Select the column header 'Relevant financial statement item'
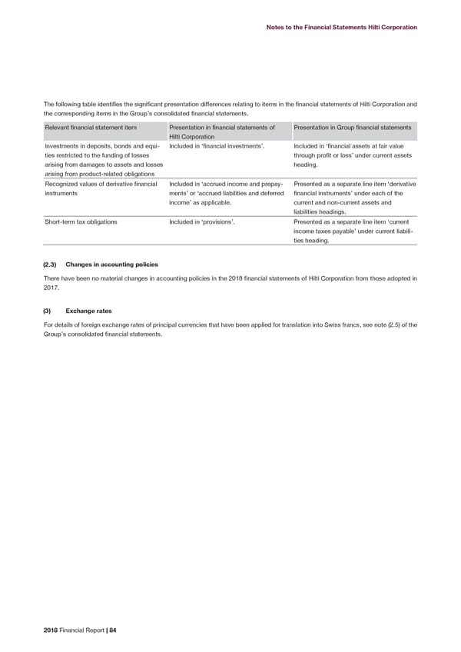tap(91, 127)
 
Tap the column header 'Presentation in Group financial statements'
tap(349, 127)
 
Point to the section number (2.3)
tap(51, 264)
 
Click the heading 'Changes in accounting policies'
tap(112, 264)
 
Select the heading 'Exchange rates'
tap(90, 312)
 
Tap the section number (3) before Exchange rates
tap(48, 312)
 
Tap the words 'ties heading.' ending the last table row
tap(311, 241)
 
